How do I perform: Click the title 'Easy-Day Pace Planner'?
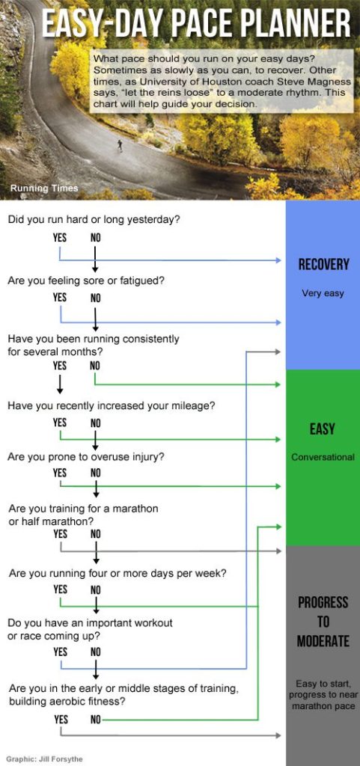tap(195, 24)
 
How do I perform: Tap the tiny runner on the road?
tap(119, 144)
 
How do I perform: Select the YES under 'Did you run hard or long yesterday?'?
tap(60, 238)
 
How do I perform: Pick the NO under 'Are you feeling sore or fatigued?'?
tap(96, 298)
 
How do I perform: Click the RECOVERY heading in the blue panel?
tap(323, 264)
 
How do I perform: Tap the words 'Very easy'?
tap(323, 293)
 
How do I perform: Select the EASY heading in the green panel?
tap(323, 429)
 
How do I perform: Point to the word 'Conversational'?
tap(323, 457)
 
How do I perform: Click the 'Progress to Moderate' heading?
tap(323, 622)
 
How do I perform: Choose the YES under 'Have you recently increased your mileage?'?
tap(60, 423)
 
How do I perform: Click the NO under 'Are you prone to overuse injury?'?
tap(96, 473)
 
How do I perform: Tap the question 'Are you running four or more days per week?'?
tap(118, 574)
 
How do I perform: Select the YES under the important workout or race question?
tap(60, 652)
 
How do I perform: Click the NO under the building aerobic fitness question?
tap(96, 719)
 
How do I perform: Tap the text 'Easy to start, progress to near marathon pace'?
tap(323, 694)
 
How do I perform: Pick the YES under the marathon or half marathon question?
tap(60, 534)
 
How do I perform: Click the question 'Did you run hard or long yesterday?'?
tap(94, 221)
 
